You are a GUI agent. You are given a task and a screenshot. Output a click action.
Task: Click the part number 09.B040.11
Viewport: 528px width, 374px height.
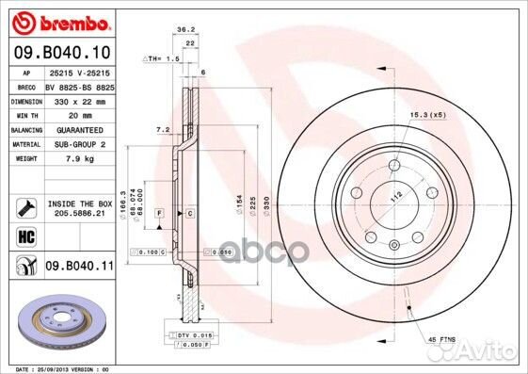[x=78, y=267]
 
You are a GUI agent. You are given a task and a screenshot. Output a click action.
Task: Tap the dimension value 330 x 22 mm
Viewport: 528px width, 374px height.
[x=80, y=100]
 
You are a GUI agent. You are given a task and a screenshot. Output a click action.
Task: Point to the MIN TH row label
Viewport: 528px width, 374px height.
[x=25, y=114]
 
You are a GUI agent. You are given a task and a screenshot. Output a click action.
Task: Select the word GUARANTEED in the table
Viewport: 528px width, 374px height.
[x=80, y=129]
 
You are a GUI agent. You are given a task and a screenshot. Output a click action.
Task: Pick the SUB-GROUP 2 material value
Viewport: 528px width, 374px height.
[x=80, y=144]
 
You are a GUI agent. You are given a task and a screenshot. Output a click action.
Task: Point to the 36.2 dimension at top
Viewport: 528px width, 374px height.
[x=185, y=29]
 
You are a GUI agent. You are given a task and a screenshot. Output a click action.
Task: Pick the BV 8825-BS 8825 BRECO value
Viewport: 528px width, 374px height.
[x=80, y=86]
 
